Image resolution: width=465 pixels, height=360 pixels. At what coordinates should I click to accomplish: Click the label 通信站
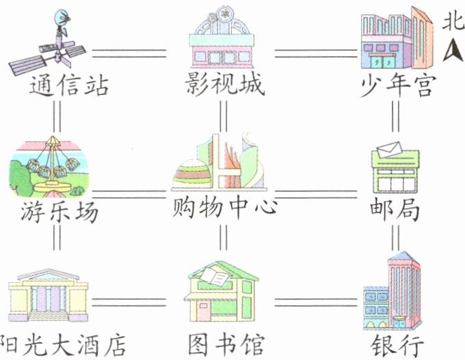tap(69, 87)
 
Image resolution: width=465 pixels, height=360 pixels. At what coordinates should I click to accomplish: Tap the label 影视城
tap(224, 87)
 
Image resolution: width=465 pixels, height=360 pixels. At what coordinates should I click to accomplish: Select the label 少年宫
tap(397, 87)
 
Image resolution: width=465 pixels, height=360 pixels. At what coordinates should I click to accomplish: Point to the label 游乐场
tap(59, 212)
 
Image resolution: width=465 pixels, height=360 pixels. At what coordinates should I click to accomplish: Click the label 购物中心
tap(224, 205)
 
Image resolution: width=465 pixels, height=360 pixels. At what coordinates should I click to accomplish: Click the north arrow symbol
tap(452, 50)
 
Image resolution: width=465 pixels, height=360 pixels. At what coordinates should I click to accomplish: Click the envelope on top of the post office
tap(389, 148)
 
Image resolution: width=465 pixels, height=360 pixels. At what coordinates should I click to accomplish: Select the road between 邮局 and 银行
tap(395, 236)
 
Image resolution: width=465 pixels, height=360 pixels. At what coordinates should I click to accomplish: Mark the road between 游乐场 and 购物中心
tap(130, 194)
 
